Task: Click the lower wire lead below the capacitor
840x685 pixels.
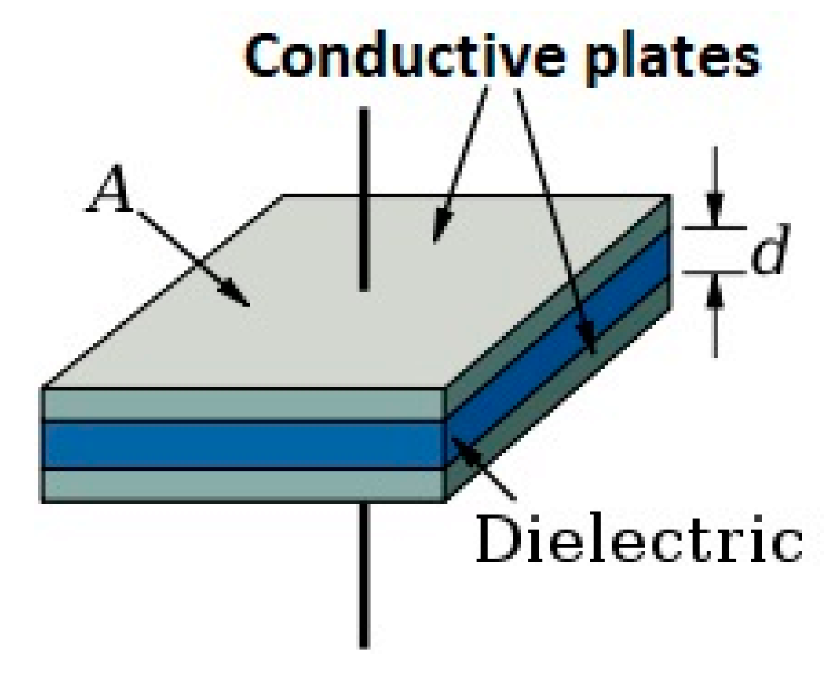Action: pyautogui.click(x=362, y=573)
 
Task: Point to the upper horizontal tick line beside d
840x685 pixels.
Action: pyautogui.click(x=715, y=227)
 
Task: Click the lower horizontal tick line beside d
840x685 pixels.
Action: pyautogui.click(x=715, y=274)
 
